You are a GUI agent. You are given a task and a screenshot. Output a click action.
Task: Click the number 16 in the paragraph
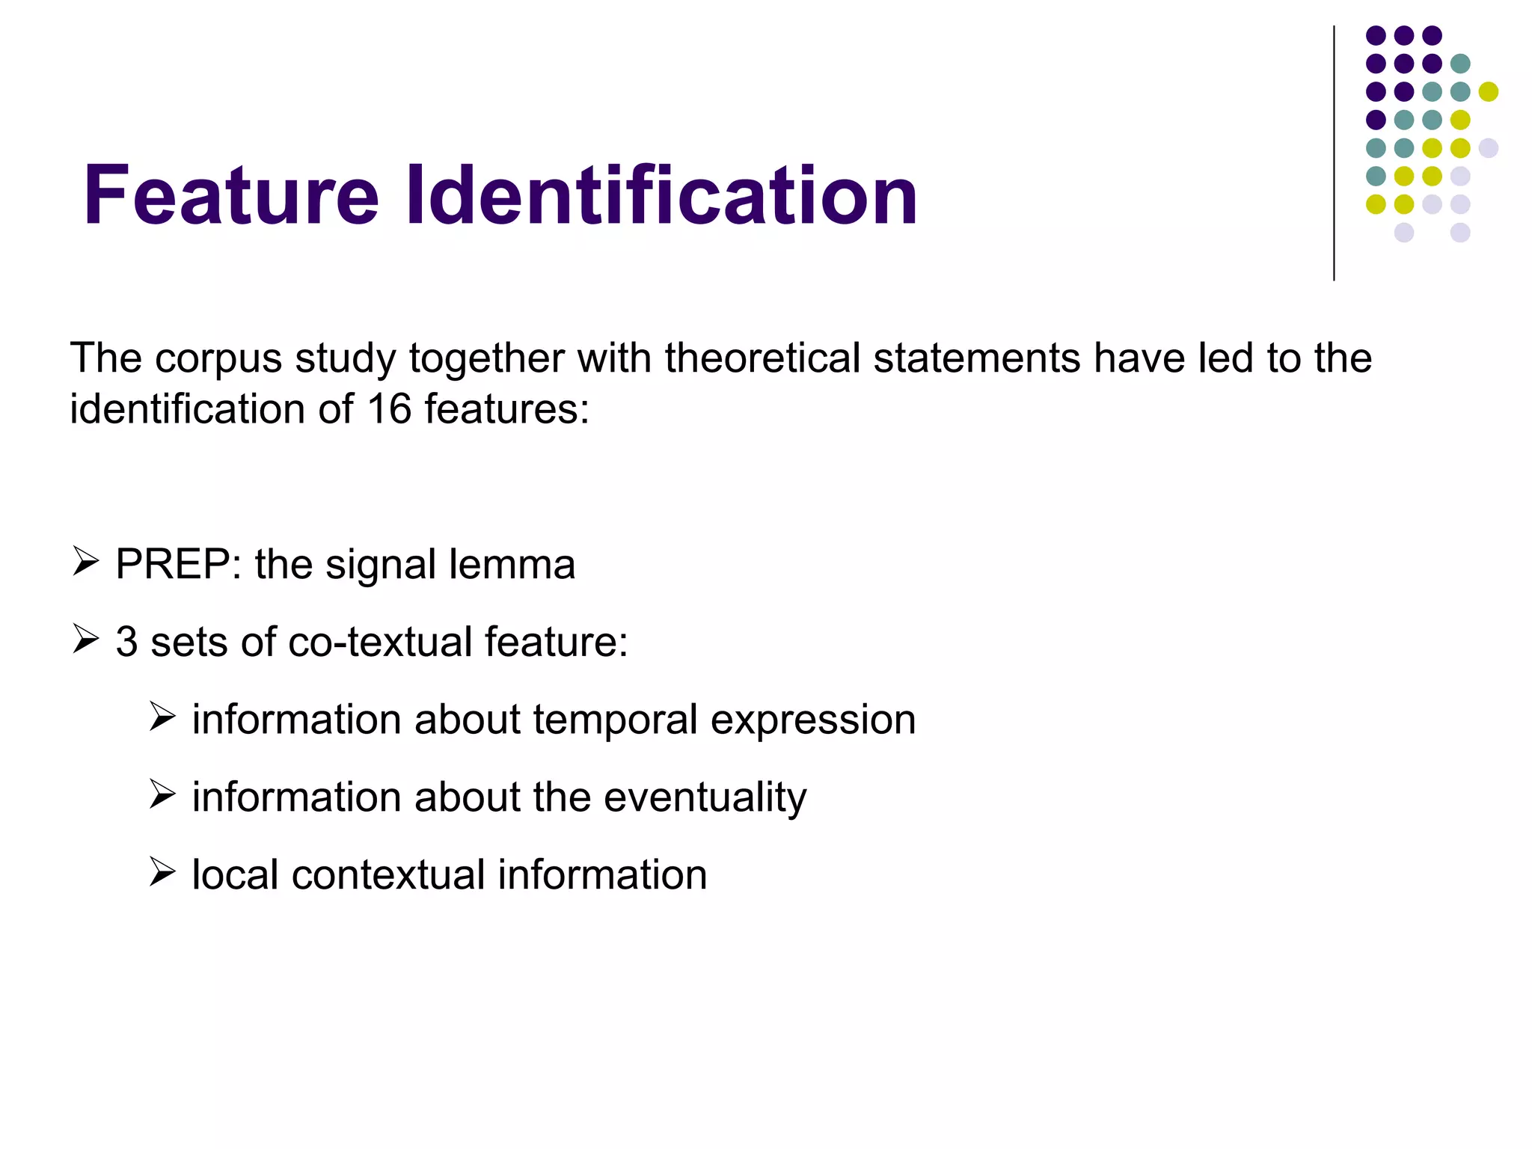[x=389, y=409]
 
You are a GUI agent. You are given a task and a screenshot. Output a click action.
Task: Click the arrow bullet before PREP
[x=86, y=562]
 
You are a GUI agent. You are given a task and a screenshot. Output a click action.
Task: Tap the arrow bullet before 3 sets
[x=86, y=640]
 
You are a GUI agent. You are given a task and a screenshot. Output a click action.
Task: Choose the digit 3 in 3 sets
[x=126, y=642]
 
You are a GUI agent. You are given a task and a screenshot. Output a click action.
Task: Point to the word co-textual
[x=380, y=642]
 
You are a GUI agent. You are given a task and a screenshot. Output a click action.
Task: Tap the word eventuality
[x=705, y=797]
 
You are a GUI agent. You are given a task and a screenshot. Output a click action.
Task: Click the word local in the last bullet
[x=234, y=874]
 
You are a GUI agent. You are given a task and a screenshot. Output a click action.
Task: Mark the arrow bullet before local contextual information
[x=162, y=872]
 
